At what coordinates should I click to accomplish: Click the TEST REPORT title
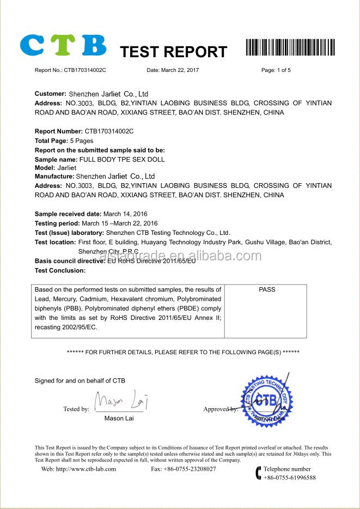pyautogui.click(x=173, y=52)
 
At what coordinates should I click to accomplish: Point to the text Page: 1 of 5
pyautogui.click(x=276, y=70)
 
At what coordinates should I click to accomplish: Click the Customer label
pyautogui.click(x=51, y=94)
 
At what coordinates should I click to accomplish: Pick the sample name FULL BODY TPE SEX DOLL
pyautogui.click(x=122, y=159)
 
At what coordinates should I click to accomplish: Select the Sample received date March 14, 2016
pyautogui.click(x=125, y=214)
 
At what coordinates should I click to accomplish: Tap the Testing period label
pyautogui.click(x=57, y=223)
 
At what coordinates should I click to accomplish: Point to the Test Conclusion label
pyautogui.click(x=60, y=270)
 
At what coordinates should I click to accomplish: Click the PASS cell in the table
pyautogui.click(x=267, y=290)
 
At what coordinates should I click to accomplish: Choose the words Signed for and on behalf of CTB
pyautogui.click(x=80, y=380)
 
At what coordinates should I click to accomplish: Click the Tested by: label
pyautogui.click(x=76, y=409)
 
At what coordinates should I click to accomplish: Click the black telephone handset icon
pyautogui.click(x=258, y=472)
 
